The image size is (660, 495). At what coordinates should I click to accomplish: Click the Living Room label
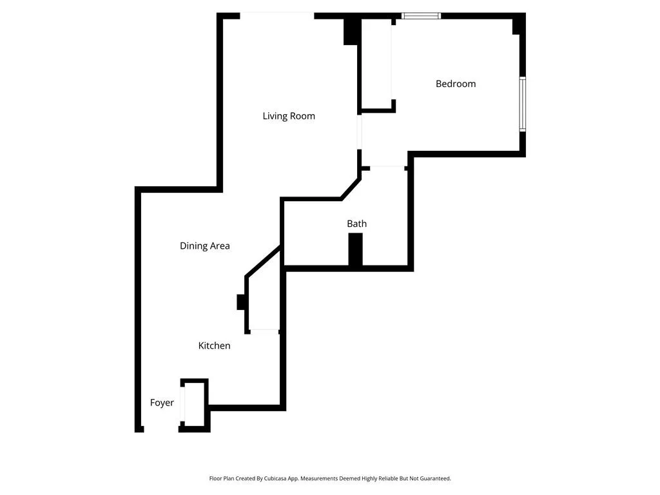pos(289,116)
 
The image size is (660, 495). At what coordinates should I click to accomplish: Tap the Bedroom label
pos(456,84)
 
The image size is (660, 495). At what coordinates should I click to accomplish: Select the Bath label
pos(356,224)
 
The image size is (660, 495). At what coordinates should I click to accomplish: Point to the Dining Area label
pos(204,246)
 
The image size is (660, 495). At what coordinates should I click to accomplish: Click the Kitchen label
pos(214,345)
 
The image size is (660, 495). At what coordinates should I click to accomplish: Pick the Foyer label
pos(162,403)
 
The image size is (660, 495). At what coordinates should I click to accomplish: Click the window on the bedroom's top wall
pos(422,15)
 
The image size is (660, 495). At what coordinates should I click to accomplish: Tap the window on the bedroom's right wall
pos(522,104)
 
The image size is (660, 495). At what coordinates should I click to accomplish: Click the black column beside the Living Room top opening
pos(351,31)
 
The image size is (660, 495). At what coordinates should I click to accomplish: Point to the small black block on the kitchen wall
pos(241,302)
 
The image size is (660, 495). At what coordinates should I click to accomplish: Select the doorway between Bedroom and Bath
pos(387,168)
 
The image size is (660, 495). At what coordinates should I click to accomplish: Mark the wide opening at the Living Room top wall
pos(277,15)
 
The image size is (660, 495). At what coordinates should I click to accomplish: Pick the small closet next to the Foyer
pos(194,404)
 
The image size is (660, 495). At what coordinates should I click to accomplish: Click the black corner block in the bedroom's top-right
pos(517,26)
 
